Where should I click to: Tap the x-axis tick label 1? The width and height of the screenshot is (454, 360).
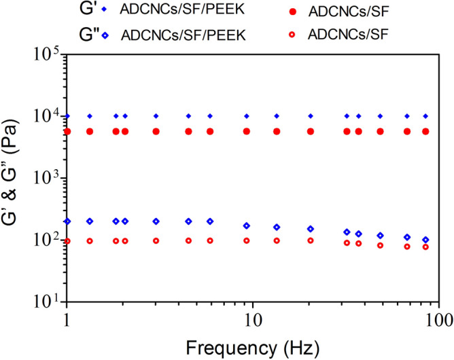click(67, 319)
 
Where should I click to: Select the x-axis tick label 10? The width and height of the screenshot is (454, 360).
click(253, 319)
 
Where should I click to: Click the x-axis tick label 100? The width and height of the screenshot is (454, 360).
click(438, 319)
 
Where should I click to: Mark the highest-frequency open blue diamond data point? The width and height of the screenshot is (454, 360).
click(425, 240)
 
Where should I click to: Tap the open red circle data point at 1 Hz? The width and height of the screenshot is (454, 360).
click(67, 241)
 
